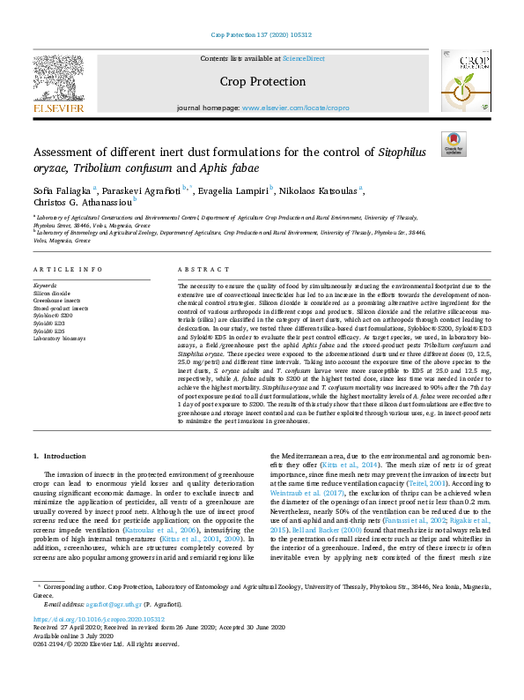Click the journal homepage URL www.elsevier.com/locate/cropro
[295, 108]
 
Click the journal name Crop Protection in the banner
[262, 82]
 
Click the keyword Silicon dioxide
[51, 293]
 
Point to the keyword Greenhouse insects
[55, 300]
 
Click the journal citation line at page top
[262, 35]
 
